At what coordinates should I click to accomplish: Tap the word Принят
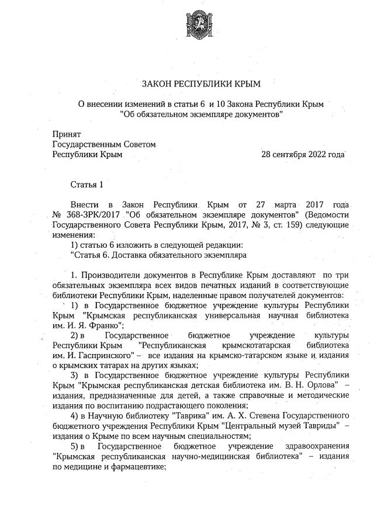point(67,134)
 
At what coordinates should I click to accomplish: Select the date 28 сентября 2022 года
point(303,154)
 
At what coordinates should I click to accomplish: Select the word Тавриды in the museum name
point(320,426)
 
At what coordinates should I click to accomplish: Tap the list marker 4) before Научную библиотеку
point(74,416)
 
